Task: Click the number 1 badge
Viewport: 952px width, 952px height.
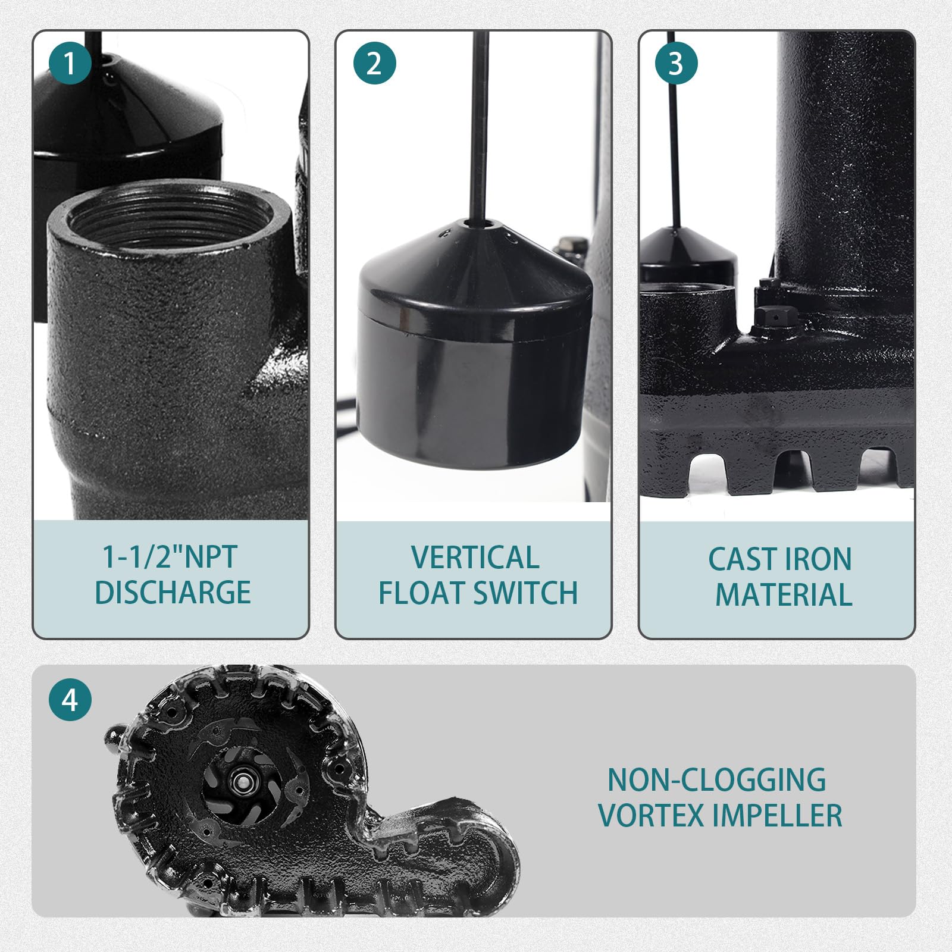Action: [70, 63]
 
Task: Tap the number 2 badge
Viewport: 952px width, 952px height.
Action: [374, 63]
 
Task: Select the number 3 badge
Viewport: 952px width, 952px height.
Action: [677, 63]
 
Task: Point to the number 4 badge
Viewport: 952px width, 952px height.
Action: [70, 700]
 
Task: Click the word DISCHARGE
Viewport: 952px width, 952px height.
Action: [173, 592]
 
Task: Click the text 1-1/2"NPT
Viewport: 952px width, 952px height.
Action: [170, 556]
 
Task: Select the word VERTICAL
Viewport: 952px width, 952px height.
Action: [475, 558]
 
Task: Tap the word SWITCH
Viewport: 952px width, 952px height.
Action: [526, 593]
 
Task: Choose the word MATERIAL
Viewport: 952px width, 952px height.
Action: [784, 594]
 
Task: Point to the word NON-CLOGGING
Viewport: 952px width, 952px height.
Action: [717, 779]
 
